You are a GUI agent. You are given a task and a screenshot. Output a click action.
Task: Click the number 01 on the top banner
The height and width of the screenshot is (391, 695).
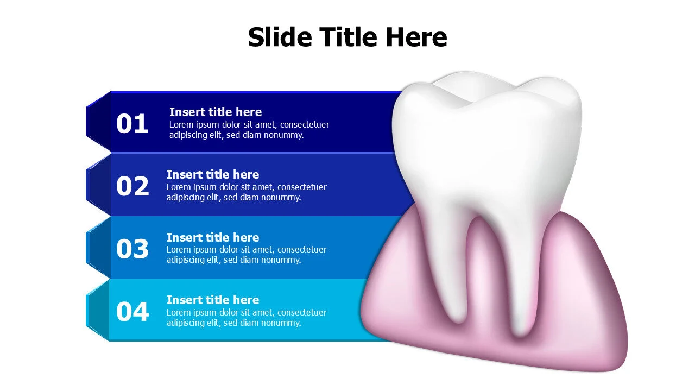(132, 124)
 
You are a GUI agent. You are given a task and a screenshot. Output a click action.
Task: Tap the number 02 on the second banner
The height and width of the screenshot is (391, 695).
(132, 186)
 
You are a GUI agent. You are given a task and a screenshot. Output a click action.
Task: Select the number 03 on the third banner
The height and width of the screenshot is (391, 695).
(132, 249)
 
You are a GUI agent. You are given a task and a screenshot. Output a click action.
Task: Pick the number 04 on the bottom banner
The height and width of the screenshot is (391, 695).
(132, 312)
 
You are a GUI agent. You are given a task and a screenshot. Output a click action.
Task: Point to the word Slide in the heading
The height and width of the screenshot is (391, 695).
(280, 37)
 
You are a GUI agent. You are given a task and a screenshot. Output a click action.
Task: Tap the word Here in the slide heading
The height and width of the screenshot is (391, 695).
(416, 37)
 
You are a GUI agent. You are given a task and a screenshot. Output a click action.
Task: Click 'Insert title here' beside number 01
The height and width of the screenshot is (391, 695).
(216, 112)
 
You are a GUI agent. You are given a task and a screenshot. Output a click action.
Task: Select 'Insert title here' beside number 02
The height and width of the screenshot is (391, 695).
(213, 174)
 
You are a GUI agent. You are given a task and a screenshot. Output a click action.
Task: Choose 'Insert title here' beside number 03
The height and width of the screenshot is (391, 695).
(213, 237)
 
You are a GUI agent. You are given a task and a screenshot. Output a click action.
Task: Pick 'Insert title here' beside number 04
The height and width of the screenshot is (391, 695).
(213, 300)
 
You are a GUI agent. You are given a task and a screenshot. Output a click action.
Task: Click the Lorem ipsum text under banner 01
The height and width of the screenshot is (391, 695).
(249, 130)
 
